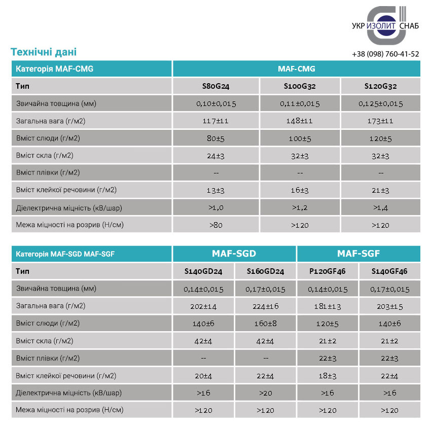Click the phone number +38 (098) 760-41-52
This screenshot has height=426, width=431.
tap(385, 54)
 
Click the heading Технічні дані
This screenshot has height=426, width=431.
tap(44, 52)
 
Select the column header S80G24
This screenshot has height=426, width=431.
tap(216, 86)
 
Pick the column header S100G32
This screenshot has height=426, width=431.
tap(300, 86)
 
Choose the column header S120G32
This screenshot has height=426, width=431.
tap(380, 86)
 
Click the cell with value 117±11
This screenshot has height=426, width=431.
tap(216, 121)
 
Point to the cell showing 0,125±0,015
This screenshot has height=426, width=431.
tap(380, 103)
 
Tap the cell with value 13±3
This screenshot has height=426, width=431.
tap(216, 190)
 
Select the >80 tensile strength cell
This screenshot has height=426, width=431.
tap(216, 225)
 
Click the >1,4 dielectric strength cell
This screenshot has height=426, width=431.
tap(380, 207)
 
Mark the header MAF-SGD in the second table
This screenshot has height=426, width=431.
tap(234, 254)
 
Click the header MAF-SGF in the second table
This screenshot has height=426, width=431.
tap(358, 254)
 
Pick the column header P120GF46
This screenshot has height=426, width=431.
tap(327, 271)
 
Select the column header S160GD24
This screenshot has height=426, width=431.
tap(265, 271)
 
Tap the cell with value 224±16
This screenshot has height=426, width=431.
tap(265, 306)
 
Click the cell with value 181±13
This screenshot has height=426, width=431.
tap(327, 306)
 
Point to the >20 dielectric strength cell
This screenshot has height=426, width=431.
tap(265, 393)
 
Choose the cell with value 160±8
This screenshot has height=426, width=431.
tap(265, 323)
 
